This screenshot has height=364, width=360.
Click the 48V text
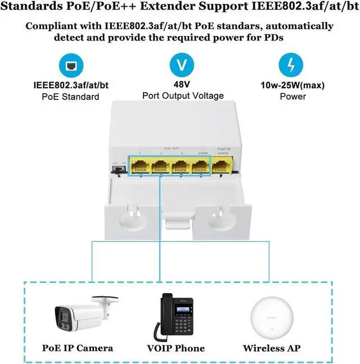tap(182, 84)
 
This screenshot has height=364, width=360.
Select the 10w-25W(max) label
tap(292, 85)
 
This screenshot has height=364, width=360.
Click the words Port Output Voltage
tap(183, 95)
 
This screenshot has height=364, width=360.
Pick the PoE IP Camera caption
tap(78, 348)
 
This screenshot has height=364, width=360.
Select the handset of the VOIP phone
tap(168, 315)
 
